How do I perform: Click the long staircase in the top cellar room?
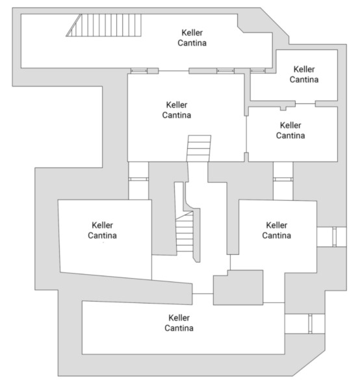104,25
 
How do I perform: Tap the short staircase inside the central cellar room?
199,148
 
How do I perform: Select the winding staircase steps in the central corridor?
185,231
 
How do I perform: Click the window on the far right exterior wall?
335,237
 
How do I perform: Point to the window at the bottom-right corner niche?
310,324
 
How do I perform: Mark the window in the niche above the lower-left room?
138,179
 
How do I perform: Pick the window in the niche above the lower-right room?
283,179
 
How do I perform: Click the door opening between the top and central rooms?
174,71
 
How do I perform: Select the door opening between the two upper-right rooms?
305,103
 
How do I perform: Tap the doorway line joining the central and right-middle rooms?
246,135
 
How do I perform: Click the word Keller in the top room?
192,32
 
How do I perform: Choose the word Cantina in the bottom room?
179,328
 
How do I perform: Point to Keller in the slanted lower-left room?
102,225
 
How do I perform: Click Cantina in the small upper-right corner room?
304,79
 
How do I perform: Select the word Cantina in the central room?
177,115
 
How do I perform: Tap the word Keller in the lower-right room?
276,225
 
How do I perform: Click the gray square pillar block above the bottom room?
238,287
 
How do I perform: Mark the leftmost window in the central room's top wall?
139,71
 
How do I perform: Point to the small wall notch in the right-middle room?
283,109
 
